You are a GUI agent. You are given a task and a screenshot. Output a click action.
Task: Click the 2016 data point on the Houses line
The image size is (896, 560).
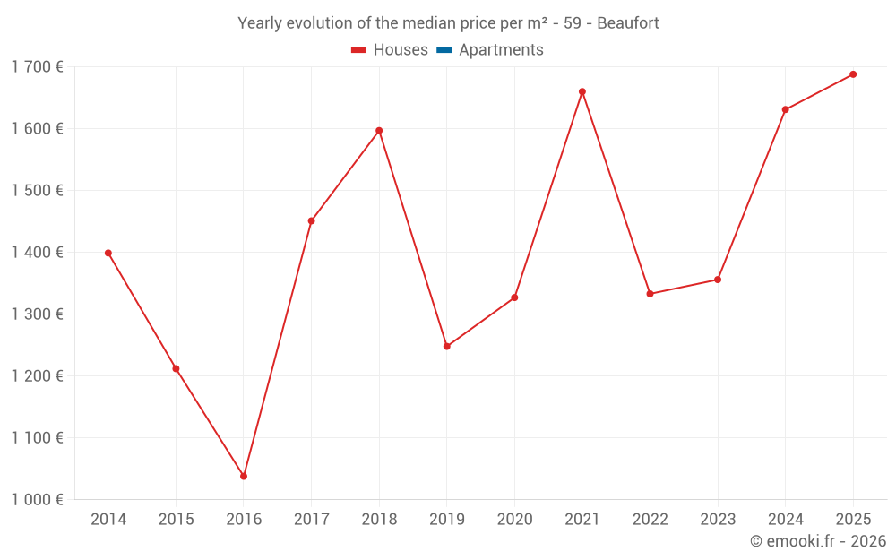coord(244,476)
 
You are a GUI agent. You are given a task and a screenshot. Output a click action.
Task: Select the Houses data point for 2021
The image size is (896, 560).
coord(582,91)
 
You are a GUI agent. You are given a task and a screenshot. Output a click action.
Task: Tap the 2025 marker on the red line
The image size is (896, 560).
coord(853,74)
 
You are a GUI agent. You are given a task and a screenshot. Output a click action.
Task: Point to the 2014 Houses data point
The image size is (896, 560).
coord(108,253)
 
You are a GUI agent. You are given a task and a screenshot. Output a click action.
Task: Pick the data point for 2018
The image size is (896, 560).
coord(379,131)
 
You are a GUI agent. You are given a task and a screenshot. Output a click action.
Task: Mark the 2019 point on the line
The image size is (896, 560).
coord(447,347)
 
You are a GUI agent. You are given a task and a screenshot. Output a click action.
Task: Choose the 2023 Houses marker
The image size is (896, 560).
coord(718,280)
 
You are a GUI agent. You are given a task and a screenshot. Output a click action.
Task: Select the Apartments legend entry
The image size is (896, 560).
coord(501,50)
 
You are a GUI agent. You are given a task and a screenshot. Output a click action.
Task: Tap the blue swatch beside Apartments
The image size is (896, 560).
coord(444,50)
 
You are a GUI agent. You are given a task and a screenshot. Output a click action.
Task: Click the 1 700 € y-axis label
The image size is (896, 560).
coord(37,66)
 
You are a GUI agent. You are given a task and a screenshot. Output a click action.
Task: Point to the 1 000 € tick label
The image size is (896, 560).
coord(37,499)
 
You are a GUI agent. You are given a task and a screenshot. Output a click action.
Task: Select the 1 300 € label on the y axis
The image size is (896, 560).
coord(37,314)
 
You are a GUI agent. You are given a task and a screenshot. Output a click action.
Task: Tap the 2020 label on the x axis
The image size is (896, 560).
coord(514,520)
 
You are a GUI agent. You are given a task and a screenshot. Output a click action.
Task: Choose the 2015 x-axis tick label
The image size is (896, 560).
coord(176,520)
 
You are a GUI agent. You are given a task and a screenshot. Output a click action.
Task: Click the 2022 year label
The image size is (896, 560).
coord(650,520)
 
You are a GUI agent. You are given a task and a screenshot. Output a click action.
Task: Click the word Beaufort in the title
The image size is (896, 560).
coord(628,23)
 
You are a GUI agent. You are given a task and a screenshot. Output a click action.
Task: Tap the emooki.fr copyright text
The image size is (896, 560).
coord(817,541)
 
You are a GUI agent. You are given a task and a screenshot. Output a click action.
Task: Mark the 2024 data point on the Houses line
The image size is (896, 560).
coord(786,109)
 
